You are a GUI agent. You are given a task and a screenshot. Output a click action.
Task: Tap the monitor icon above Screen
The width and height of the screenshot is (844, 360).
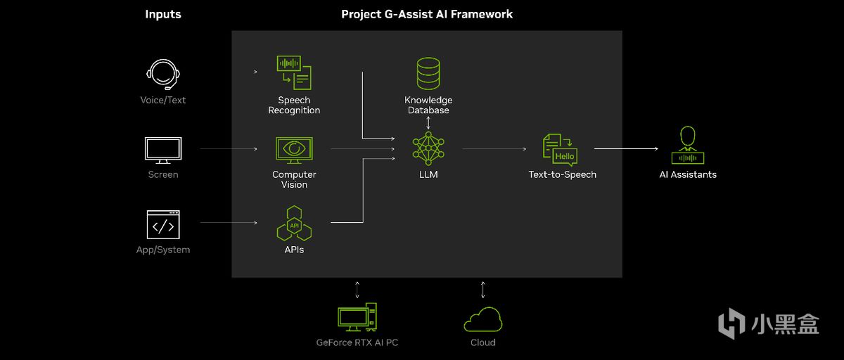coord(163,150)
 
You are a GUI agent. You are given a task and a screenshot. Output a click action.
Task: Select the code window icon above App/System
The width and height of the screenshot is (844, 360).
coord(163,225)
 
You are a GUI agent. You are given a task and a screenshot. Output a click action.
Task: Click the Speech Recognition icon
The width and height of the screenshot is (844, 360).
coord(294,72)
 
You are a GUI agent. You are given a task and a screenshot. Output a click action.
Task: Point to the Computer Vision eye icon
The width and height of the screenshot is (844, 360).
coord(294,150)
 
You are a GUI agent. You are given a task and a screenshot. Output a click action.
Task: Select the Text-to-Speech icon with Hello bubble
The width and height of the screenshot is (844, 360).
coord(561,150)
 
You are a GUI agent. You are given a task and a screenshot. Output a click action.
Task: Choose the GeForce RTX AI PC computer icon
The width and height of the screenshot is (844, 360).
coord(357,318)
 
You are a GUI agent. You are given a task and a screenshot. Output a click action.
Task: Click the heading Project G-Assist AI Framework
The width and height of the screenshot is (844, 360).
coord(427,14)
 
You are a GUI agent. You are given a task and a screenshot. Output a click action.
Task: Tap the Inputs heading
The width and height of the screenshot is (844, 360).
coord(163,14)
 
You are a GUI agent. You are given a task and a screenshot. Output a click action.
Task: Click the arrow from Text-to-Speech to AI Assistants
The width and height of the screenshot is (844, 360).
coord(626,149)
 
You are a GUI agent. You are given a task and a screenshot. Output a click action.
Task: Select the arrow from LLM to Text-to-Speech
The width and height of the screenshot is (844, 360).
coord(494,149)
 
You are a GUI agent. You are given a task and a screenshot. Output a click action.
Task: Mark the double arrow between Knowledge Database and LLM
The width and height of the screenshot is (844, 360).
coord(428,122)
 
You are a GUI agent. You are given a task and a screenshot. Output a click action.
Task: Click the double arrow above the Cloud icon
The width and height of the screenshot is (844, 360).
coord(483,289)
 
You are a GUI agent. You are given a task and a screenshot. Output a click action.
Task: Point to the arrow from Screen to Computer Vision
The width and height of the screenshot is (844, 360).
coord(229,149)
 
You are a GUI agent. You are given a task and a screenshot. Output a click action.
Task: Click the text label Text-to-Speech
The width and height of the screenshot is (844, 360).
coord(562,174)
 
